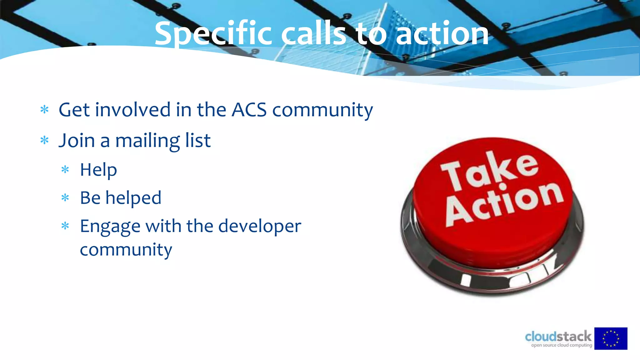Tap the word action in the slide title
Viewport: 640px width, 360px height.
click(442, 34)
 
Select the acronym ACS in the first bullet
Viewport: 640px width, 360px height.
click(249, 110)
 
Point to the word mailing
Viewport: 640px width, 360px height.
click(147, 141)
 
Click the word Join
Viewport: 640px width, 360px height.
click(77, 141)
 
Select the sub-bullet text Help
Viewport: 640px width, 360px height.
click(98, 170)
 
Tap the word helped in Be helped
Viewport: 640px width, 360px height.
click(133, 198)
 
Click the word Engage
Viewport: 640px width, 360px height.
click(110, 226)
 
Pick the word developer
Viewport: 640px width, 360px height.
click(259, 226)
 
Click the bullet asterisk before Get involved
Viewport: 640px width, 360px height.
click(45, 110)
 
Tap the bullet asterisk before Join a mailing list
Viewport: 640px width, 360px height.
click(45, 140)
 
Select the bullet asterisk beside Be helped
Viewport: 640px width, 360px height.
click(65, 198)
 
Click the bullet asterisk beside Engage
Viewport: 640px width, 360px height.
click(65, 226)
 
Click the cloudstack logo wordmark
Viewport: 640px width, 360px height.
click(558, 337)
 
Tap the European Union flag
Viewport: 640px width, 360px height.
click(611, 338)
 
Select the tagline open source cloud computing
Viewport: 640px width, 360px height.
click(562, 345)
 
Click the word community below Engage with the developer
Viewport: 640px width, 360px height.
click(126, 250)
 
